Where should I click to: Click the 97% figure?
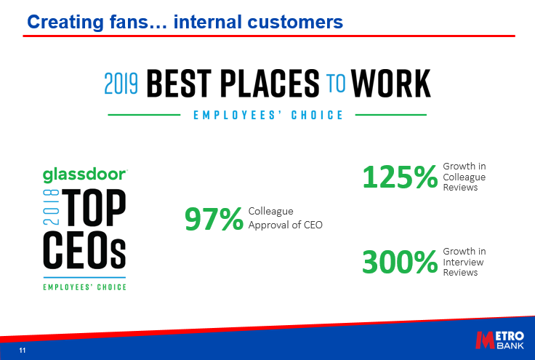pyautogui.click(x=214, y=219)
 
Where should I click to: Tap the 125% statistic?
pyautogui.click(x=400, y=177)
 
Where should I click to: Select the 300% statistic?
pyautogui.click(x=400, y=262)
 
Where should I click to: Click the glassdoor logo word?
pyautogui.click(x=85, y=175)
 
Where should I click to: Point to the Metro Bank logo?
pyautogui.click(x=500, y=340)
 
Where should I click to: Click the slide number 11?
pyautogui.click(x=23, y=351)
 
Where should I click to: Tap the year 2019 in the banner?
pyautogui.click(x=121, y=84)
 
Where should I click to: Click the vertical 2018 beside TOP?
pyautogui.click(x=51, y=207)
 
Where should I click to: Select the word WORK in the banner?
pyautogui.click(x=390, y=83)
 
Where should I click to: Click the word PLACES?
pyautogui.click(x=270, y=83)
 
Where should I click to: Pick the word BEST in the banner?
pyautogui.click(x=179, y=83)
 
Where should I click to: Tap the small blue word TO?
pyautogui.click(x=336, y=83)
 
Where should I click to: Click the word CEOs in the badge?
pyautogui.click(x=84, y=250)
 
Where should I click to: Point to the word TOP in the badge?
pyautogui.click(x=94, y=207)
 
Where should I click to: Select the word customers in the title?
pyautogui.click(x=295, y=22)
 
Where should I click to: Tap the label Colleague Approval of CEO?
pyautogui.click(x=285, y=218)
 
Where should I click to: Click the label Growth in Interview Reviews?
pyautogui.click(x=464, y=262)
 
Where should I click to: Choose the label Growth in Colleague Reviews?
pyautogui.click(x=464, y=177)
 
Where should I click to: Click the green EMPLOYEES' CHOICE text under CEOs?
pyautogui.click(x=84, y=287)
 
